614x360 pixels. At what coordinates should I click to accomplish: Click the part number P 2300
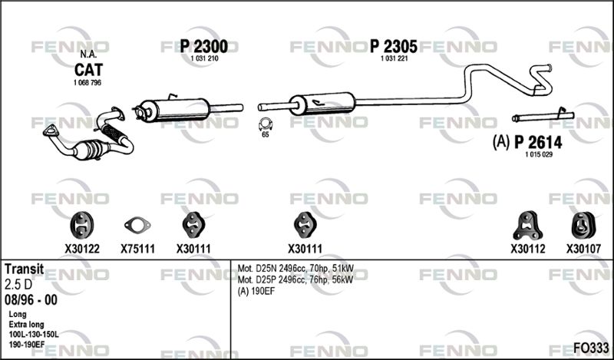coord(203,47)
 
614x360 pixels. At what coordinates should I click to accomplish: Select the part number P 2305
coord(394,47)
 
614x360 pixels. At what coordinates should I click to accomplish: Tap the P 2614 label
coord(538,142)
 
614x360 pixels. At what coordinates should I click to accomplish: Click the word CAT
coord(88,70)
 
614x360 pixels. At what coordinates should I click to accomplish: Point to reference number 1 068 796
coord(87,83)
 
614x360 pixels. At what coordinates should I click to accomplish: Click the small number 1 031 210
coord(204,59)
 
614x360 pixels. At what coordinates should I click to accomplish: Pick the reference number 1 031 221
coord(394,59)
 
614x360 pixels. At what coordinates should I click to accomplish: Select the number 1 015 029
coord(539,155)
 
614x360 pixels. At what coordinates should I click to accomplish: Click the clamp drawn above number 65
coord(265,124)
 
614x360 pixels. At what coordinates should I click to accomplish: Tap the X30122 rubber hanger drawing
coord(82,225)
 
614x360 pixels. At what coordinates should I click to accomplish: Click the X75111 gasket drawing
coord(137,225)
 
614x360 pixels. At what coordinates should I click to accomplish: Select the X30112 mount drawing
coord(527,225)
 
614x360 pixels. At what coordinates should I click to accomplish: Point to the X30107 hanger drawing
coord(583,225)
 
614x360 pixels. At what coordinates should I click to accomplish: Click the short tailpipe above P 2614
coord(543,117)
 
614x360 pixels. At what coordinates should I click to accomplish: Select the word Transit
coord(25,269)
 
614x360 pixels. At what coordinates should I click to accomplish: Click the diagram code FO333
coord(591,348)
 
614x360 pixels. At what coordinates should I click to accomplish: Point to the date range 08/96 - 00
coord(31,300)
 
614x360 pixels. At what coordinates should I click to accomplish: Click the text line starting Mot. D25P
coord(295,279)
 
